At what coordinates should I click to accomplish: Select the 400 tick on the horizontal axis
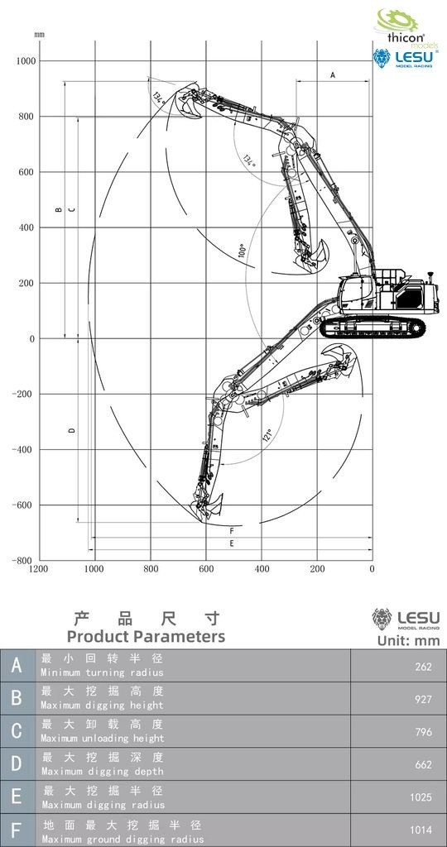tap(262, 569)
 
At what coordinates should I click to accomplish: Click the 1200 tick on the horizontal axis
tap(38, 569)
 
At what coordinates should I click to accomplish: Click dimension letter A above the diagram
tap(333, 75)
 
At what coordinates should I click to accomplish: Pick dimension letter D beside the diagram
tap(72, 430)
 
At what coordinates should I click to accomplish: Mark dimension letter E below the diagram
tap(231, 543)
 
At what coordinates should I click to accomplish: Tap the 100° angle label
tap(243, 251)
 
